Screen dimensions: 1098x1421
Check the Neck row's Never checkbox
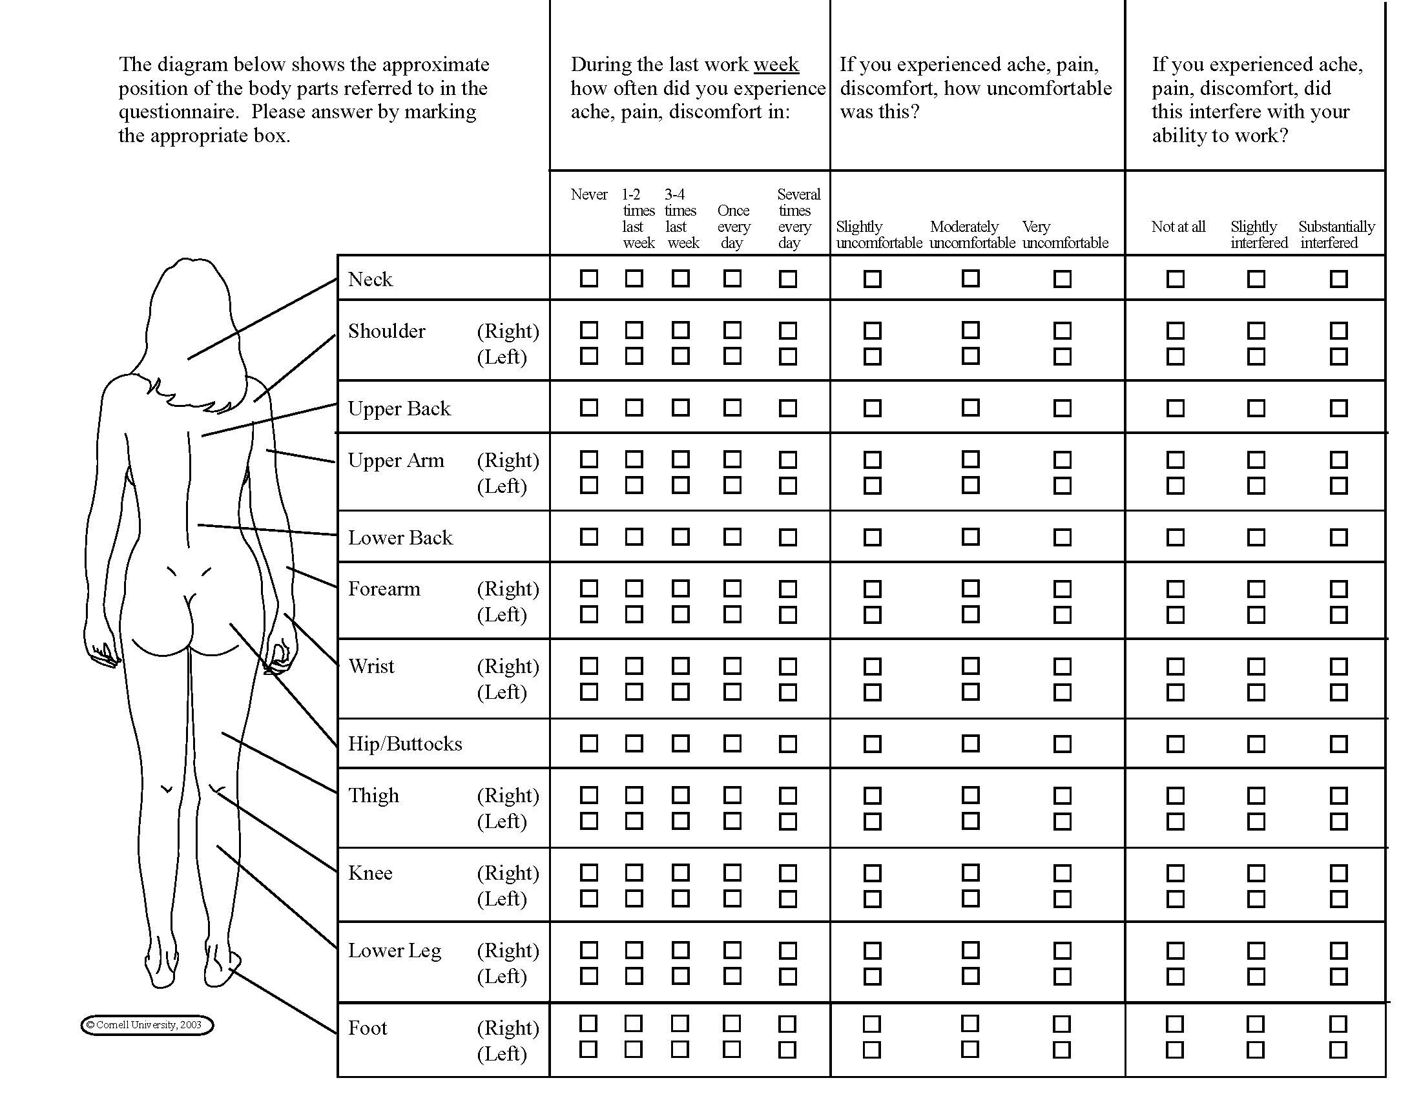[x=589, y=278]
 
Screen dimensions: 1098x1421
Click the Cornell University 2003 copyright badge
[x=147, y=1025]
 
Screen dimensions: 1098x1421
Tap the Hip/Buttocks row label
[x=405, y=743]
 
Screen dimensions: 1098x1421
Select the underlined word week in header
[x=776, y=65]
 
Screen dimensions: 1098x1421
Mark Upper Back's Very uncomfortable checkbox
[x=1062, y=408]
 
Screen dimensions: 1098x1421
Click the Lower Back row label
[x=400, y=537]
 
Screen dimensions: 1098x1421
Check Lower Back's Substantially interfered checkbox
[x=1338, y=537]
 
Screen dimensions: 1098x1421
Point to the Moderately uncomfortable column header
[x=971, y=235]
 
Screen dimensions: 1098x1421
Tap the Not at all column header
[x=1177, y=227]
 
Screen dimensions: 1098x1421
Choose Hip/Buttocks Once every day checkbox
[x=732, y=743]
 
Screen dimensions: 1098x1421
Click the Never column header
[x=589, y=194]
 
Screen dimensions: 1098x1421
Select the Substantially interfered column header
[x=1336, y=235]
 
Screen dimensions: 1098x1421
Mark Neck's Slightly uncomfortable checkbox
[x=872, y=278]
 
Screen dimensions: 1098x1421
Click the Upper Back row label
[x=399, y=408]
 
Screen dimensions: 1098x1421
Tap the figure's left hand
[x=104, y=654]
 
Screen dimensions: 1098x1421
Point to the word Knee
[x=370, y=873]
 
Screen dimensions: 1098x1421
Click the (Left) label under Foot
[x=502, y=1053]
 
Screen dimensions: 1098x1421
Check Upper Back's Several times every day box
[x=787, y=408]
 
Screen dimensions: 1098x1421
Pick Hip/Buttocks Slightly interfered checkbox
[x=1256, y=743]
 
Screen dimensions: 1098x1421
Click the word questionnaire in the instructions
[x=179, y=112]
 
